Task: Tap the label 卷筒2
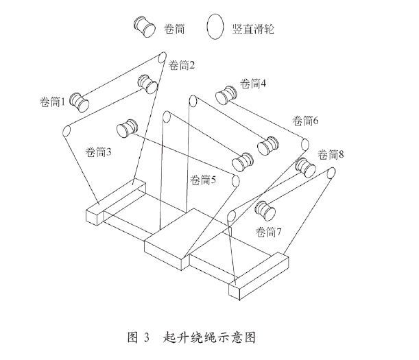(181, 66)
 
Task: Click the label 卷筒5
(203, 180)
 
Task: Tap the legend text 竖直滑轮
(257, 27)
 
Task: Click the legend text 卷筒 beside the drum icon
(174, 27)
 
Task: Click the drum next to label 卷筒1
(80, 101)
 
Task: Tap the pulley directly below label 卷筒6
(303, 146)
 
